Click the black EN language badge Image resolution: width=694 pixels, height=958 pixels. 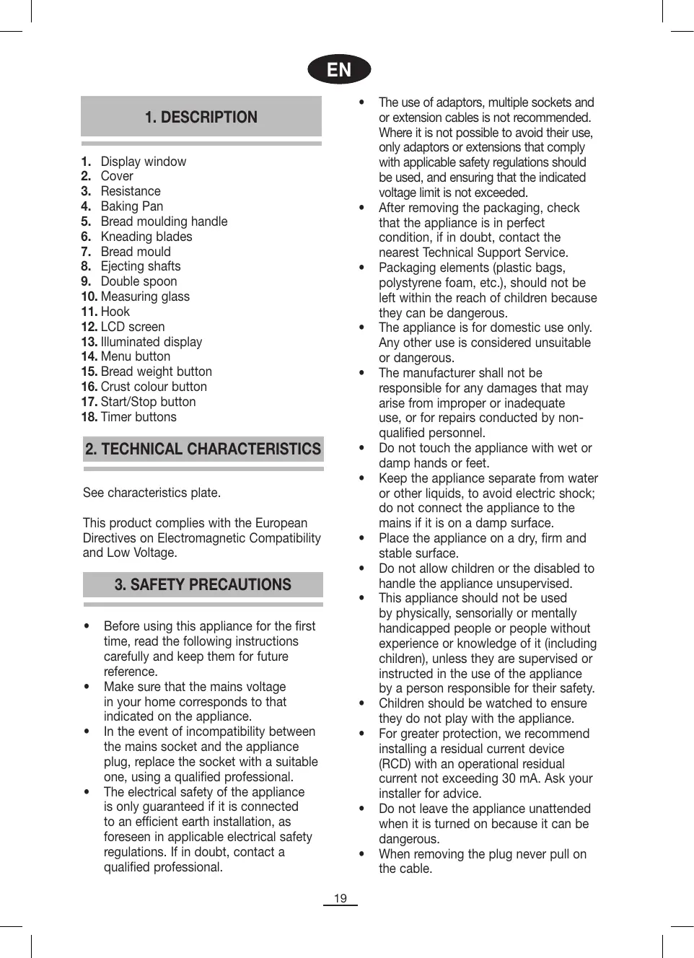pyautogui.click(x=339, y=69)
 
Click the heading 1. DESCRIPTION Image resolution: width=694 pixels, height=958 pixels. pyautogui.click(x=201, y=117)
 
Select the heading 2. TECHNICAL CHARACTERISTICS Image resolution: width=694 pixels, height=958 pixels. pyautogui.click(x=203, y=449)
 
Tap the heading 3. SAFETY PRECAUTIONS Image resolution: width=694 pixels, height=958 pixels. pyautogui.click(x=203, y=584)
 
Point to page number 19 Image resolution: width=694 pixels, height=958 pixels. pyautogui.click(x=340, y=898)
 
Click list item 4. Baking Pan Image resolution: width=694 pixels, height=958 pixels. pyautogui.click(x=123, y=206)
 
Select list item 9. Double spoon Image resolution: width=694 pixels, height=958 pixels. pyautogui.click(x=130, y=281)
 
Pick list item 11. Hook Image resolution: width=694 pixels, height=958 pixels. pyautogui.click(x=106, y=312)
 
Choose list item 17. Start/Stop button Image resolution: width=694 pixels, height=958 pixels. pyautogui.click(x=139, y=402)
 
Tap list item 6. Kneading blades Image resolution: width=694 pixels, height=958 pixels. pyautogui.click(x=137, y=237)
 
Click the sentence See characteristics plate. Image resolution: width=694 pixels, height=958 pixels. pyautogui.click(x=151, y=493)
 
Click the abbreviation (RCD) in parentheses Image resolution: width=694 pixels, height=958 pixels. pyautogui.click(x=395, y=764)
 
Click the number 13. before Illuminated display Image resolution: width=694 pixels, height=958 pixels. pyautogui.click(x=89, y=342)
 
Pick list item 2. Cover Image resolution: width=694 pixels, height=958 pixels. pyautogui.click(x=108, y=176)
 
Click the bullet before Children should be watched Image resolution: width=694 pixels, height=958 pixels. pyautogui.click(x=362, y=703)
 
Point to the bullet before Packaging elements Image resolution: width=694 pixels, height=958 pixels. pyautogui.click(x=362, y=268)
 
